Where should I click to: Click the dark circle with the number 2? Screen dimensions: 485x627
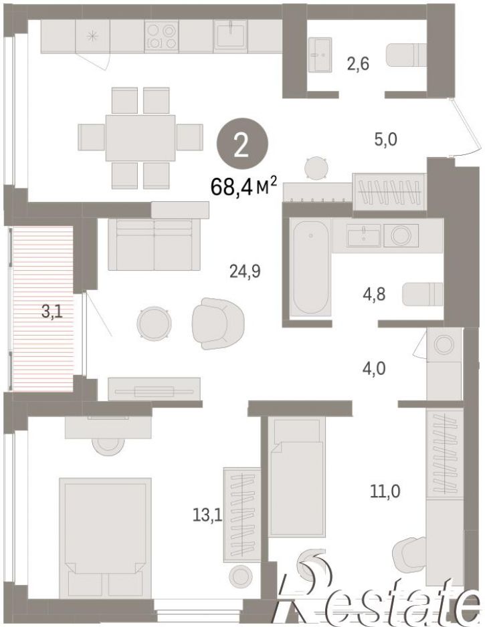coord(241,146)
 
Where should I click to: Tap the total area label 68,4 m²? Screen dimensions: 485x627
coord(244,186)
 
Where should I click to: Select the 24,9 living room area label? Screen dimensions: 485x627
coord(245,271)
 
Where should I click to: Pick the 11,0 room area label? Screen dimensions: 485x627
coord(385,491)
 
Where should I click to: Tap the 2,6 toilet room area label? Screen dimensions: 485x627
coord(358,64)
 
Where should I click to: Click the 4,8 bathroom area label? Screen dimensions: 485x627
coord(373,294)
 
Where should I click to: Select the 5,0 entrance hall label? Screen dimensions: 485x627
coord(385,140)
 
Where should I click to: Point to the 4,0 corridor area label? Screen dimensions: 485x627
coord(374,368)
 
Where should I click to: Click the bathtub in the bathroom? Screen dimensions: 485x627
coord(311,267)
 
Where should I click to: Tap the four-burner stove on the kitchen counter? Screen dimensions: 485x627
coord(161,36)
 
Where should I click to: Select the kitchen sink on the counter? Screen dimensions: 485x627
coord(231,35)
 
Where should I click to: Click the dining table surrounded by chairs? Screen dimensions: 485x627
coord(140,138)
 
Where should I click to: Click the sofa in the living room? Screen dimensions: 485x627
coord(155,245)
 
